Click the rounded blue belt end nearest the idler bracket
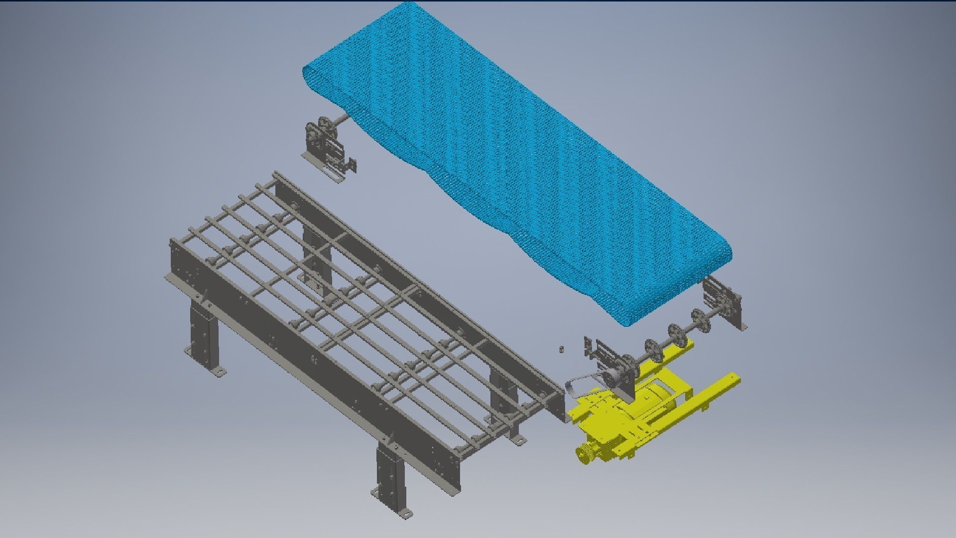311,80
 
